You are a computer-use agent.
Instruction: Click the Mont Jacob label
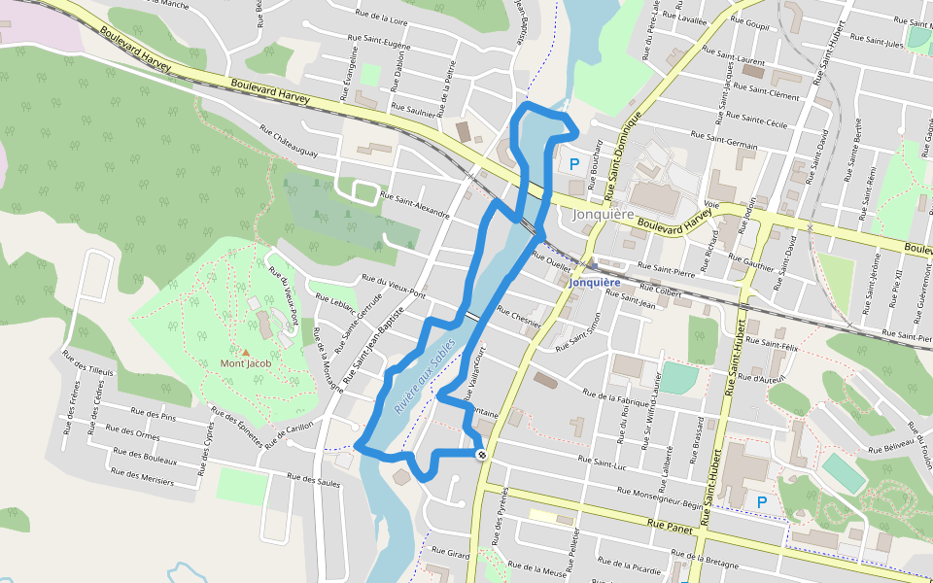point(246,363)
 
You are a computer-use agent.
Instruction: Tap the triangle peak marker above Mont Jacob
point(246,352)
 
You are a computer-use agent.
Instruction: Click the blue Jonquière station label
point(594,283)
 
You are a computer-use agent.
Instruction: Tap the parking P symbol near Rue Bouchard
point(574,164)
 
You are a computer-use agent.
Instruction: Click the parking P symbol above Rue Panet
point(762,501)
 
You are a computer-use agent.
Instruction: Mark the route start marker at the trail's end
point(482,454)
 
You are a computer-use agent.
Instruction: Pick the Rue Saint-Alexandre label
point(415,205)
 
